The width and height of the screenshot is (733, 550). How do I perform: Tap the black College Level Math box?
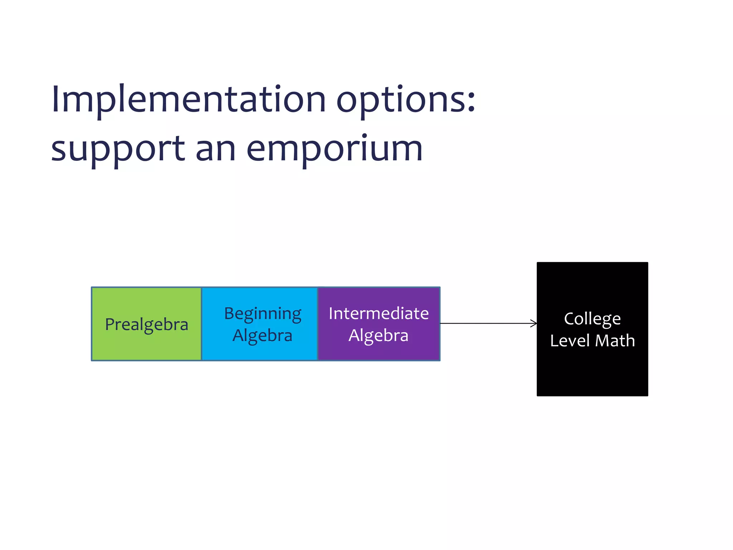click(x=592, y=372)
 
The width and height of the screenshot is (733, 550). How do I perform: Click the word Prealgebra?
click(x=146, y=324)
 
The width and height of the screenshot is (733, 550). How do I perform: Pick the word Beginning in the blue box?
click(x=263, y=314)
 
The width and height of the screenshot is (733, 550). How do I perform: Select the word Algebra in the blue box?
click(x=262, y=336)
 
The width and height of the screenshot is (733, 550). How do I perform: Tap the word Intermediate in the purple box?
click(x=379, y=313)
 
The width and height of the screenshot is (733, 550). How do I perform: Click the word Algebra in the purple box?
click(x=378, y=336)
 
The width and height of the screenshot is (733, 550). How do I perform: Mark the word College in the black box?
click(x=592, y=319)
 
